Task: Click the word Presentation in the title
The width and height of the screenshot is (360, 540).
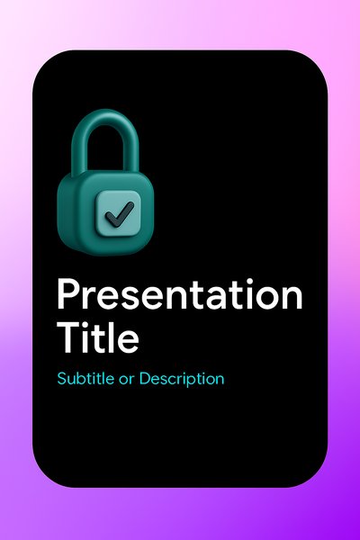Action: pyautogui.click(x=179, y=294)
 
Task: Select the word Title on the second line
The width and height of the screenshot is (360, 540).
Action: pyautogui.click(x=98, y=337)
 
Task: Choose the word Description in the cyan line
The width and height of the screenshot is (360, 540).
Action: pyautogui.click(x=182, y=380)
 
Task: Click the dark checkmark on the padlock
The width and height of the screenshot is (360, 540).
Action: pyautogui.click(x=120, y=214)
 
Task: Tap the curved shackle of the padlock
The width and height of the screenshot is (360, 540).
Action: pyautogui.click(x=105, y=141)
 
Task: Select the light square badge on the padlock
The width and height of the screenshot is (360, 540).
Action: pyautogui.click(x=118, y=214)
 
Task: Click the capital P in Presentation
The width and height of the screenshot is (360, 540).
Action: pyautogui.click(x=68, y=294)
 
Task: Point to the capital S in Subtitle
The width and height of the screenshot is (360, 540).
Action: pyautogui.click(x=62, y=379)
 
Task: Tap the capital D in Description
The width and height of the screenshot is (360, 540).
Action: pyautogui.click(x=145, y=379)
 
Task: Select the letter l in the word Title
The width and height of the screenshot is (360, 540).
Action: pyautogui.click(x=112, y=337)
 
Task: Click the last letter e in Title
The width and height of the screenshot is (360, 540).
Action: pyautogui.click(x=128, y=342)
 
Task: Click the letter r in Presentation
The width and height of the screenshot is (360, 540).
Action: pyautogui.click(x=90, y=298)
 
